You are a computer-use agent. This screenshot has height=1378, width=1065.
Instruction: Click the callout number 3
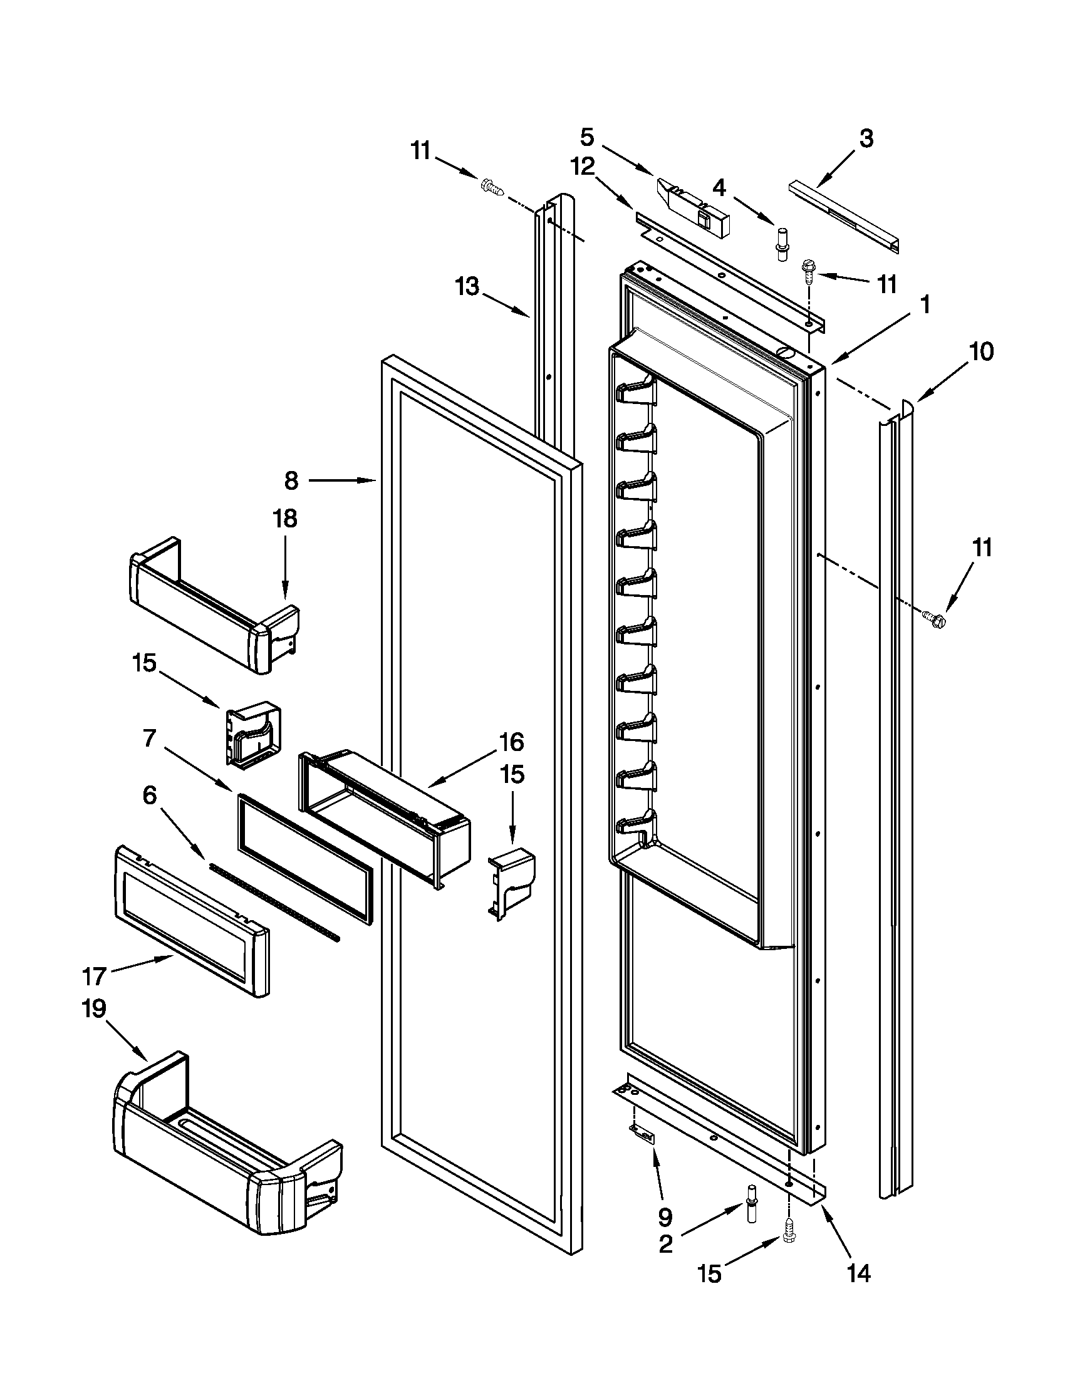click(866, 139)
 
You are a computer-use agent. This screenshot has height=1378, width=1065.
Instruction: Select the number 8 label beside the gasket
click(291, 481)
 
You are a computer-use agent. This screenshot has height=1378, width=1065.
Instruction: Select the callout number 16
click(511, 742)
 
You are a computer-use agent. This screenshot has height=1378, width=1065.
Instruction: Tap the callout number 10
click(981, 351)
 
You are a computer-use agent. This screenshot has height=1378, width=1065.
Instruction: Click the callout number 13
click(468, 287)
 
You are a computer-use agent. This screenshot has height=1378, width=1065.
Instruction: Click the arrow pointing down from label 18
click(284, 571)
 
